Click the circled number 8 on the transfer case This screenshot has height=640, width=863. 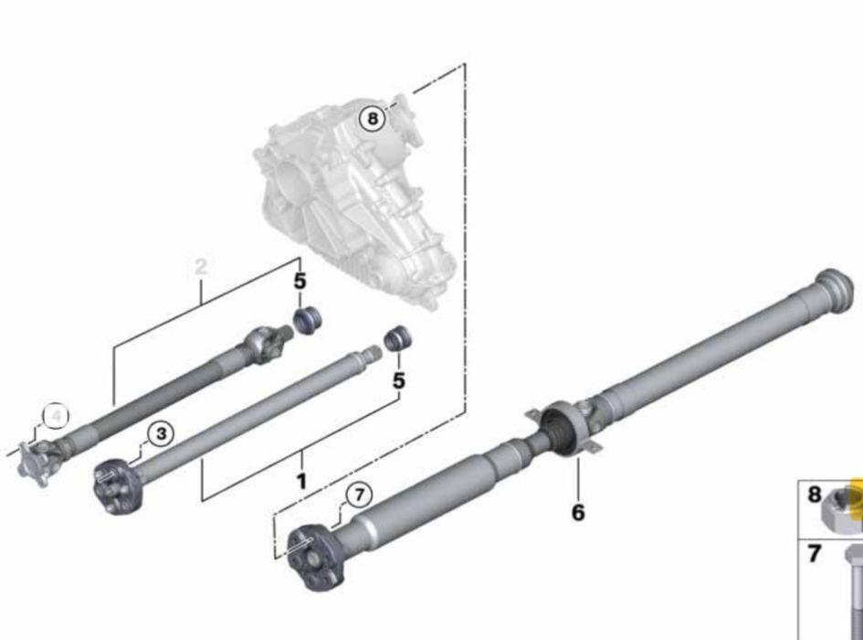(371, 118)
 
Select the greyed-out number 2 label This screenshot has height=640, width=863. (201, 267)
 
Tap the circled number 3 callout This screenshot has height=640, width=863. (161, 433)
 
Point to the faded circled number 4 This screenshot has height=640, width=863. (57, 416)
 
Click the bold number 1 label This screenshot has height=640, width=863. (300, 481)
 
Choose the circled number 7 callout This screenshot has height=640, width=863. (358, 496)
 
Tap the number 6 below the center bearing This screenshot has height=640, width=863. (577, 512)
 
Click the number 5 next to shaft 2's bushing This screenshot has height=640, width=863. (300, 282)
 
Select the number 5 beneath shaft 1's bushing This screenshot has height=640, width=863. (398, 379)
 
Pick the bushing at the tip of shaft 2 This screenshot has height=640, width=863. (307, 320)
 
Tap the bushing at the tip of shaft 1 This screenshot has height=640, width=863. (395, 338)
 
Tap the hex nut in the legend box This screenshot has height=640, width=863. (840, 507)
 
